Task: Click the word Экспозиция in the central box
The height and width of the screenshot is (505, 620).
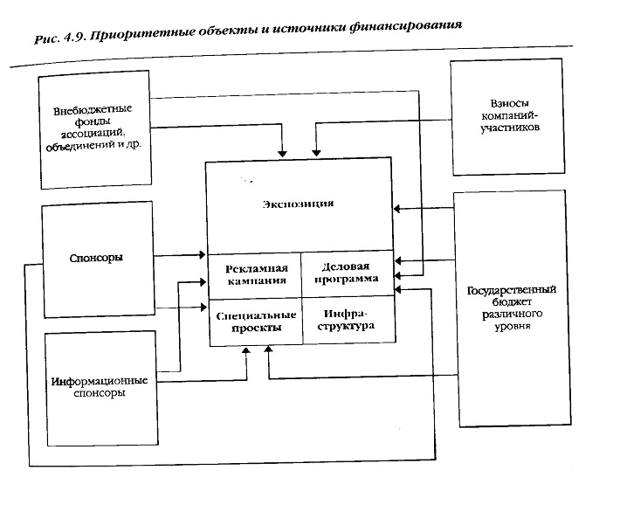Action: tap(298, 204)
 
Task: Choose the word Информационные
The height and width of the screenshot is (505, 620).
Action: tap(98, 381)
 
